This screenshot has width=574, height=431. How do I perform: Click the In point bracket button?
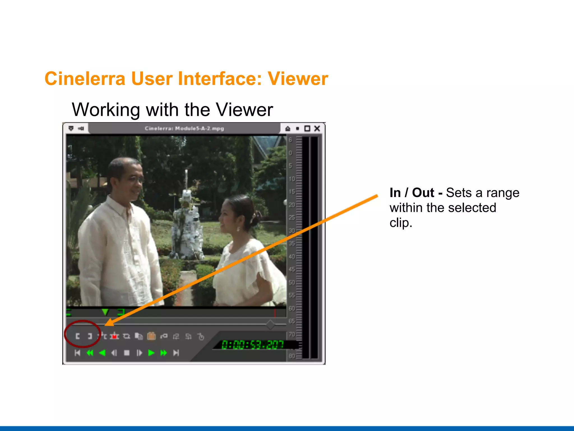(78, 336)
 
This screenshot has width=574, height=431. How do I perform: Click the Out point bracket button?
(90, 336)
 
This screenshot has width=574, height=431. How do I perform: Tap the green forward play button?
(151, 353)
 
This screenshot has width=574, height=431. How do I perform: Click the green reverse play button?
(102, 353)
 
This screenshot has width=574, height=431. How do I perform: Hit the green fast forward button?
(164, 353)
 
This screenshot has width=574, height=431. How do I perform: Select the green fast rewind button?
(90, 353)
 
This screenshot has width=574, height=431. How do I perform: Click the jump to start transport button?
(78, 353)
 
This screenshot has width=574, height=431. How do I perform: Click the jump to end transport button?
(176, 353)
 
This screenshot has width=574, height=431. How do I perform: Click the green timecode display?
(252, 345)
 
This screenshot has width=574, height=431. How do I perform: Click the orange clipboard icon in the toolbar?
(151, 336)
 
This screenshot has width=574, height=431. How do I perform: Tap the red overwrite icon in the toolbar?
(114, 336)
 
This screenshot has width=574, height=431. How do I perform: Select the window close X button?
(317, 129)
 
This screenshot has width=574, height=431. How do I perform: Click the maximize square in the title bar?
(307, 129)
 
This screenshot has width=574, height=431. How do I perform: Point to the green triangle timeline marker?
(105, 312)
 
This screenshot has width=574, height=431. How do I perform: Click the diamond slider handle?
(270, 324)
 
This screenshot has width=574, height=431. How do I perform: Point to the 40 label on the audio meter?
(292, 256)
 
